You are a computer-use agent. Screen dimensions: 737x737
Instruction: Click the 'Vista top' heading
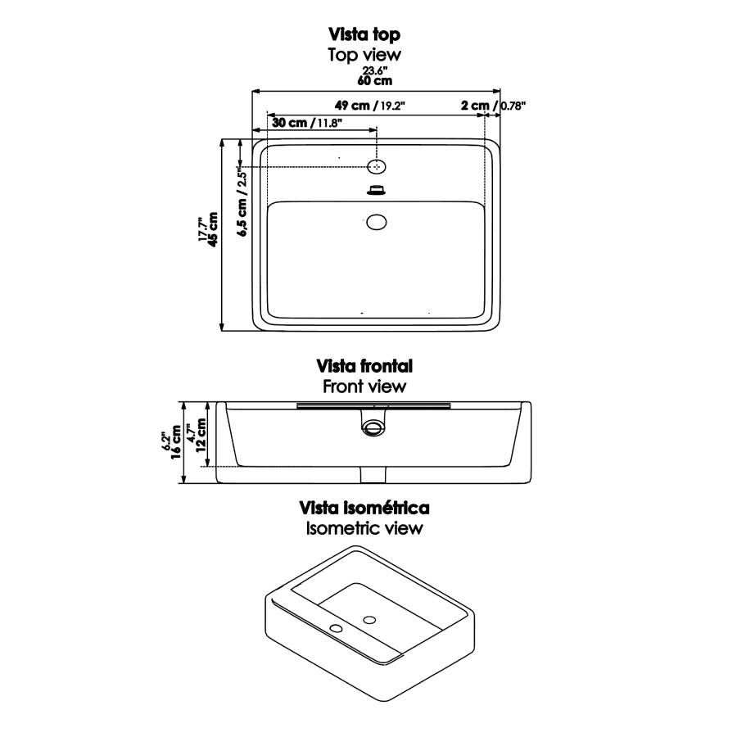(364, 34)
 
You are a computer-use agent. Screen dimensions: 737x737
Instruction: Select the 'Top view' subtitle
(364, 55)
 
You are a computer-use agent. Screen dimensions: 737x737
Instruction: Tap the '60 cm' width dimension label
(374, 81)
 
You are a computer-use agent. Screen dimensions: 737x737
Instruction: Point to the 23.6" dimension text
(374, 70)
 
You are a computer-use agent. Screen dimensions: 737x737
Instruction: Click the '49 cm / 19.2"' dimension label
(370, 106)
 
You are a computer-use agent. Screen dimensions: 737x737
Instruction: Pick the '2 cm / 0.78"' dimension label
(493, 106)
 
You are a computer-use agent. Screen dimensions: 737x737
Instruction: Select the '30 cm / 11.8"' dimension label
(307, 123)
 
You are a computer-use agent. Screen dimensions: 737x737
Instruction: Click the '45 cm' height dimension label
(213, 230)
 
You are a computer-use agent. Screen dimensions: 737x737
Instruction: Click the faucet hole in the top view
(376, 166)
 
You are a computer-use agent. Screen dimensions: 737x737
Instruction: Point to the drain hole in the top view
(377, 222)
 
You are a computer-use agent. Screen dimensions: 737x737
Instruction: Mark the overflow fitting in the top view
(377, 190)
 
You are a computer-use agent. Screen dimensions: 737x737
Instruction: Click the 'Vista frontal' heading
(364, 366)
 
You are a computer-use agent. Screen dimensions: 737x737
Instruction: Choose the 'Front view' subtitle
(364, 387)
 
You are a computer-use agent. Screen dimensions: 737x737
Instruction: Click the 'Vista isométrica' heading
(364, 508)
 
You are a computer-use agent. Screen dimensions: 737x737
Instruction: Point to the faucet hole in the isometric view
(336, 628)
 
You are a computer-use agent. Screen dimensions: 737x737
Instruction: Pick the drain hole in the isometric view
(369, 620)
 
